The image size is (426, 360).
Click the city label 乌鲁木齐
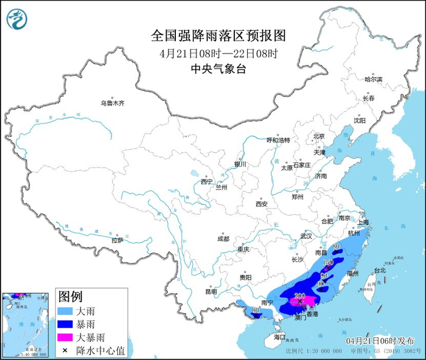click(113, 103)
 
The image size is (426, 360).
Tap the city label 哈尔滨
click(373, 79)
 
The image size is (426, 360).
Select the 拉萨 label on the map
click(117, 240)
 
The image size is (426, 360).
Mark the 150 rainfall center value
click(327, 262)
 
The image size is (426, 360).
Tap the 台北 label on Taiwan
click(380, 270)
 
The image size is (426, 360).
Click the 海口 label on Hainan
click(279, 336)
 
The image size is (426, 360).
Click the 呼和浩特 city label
click(278, 140)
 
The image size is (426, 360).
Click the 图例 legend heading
click(70, 296)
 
